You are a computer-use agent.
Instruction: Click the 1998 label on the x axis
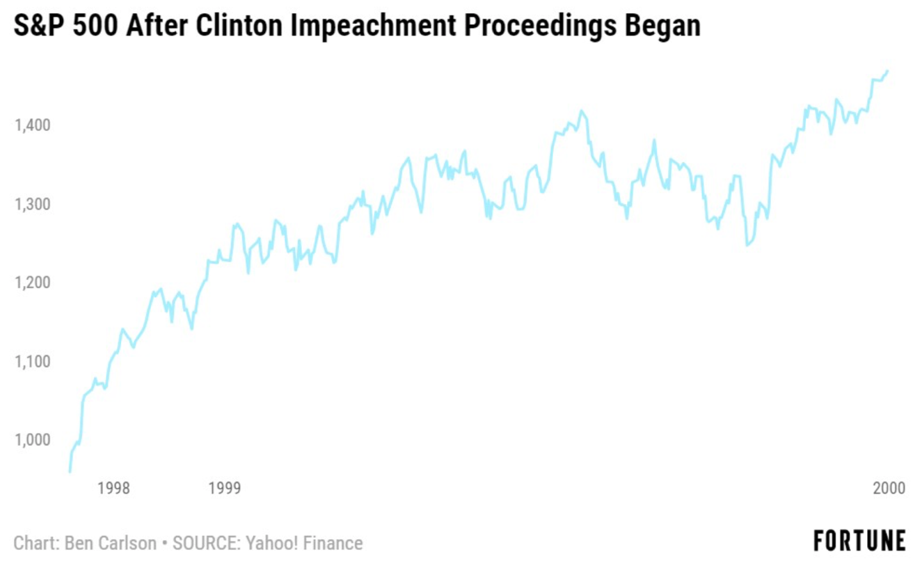tap(113, 488)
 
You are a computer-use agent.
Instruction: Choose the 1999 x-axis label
tap(225, 488)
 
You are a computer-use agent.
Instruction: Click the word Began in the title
tap(659, 26)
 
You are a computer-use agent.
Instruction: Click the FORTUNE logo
tap(860, 541)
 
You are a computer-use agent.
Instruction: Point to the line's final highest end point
tap(887, 70)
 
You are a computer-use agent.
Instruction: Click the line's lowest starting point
tap(70, 471)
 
